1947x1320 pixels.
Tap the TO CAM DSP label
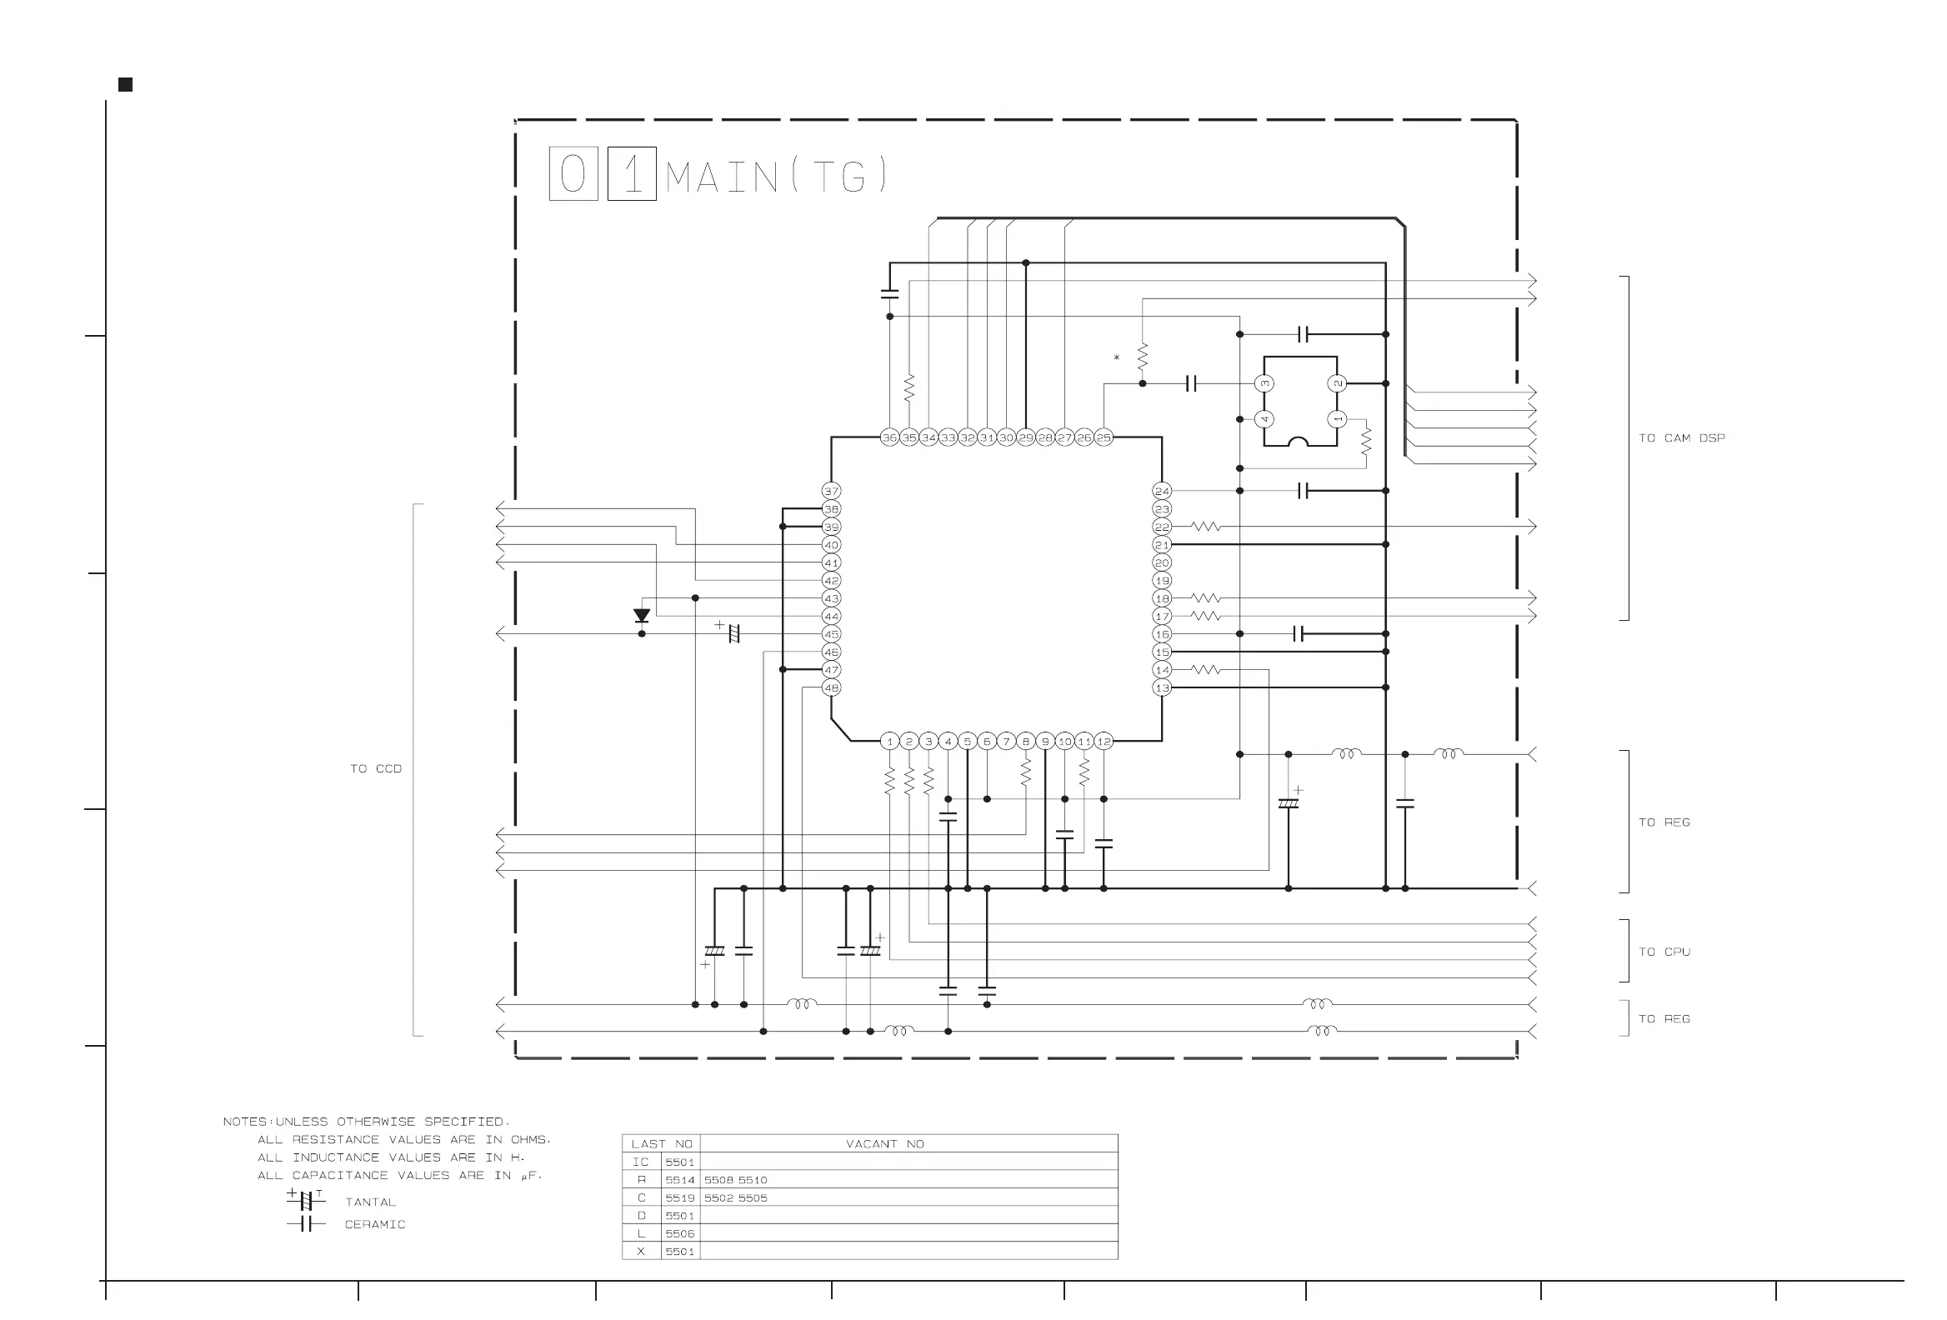point(1680,438)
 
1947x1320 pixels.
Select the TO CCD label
point(375,768)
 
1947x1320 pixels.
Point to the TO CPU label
point(1664,952)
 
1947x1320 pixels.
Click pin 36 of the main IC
point(888,437)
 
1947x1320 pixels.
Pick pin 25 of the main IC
point(1104,437)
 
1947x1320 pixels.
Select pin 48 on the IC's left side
point(830,687)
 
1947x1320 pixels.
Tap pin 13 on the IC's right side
point(1161,687)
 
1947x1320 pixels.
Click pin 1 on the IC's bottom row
point(889,741)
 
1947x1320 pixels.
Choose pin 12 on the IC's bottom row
point(1104,741)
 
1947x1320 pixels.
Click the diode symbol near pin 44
point(642,616)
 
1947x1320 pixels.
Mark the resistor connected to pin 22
point(1205,527)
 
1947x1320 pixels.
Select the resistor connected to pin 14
point(1205,670)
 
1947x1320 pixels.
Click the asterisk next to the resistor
point(1116,358)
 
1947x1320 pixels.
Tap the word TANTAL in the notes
point(370,1202)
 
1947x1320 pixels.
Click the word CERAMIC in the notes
point(374,1224)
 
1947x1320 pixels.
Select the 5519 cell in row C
point(679,1197)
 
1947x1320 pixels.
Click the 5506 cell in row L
point(679,1233)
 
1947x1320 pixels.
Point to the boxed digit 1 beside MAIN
point(632,174)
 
